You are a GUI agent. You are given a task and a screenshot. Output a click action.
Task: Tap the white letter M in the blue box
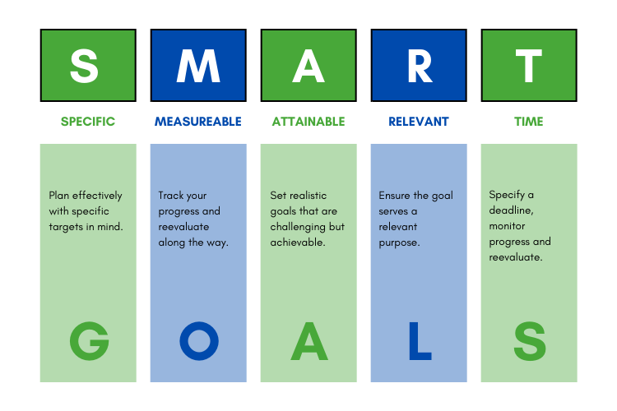[x=198, y=66]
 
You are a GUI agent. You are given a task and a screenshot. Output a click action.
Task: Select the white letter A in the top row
[x=308, y=66]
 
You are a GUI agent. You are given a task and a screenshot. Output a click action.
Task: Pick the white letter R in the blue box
[x=419, y=66]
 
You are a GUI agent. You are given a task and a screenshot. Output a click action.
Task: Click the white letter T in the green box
[x=529, y=66]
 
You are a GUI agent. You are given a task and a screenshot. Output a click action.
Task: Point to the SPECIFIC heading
[x=88, y=122]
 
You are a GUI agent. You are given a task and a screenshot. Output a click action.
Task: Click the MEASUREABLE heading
[x=198, y=122]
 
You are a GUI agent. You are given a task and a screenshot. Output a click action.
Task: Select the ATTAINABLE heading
[x=308, y=122]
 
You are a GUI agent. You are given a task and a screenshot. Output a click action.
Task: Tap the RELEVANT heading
[x=419, y=122]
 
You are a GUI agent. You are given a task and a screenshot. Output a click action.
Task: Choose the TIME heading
[x=529, y=122]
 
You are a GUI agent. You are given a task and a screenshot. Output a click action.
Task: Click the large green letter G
[x=89, y=340]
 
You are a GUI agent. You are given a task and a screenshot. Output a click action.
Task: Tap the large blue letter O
[x=199, y=340]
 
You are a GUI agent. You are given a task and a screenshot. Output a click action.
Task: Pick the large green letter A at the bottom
[x=308, y=340]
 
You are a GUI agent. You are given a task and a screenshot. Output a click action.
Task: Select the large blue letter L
[x=419, y=340]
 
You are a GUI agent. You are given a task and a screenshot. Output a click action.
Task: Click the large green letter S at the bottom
[x=529, y=340]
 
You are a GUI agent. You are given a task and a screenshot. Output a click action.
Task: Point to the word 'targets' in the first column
[x=66, y=227]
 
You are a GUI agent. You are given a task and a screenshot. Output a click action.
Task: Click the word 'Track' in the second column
[x=171, y=196]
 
